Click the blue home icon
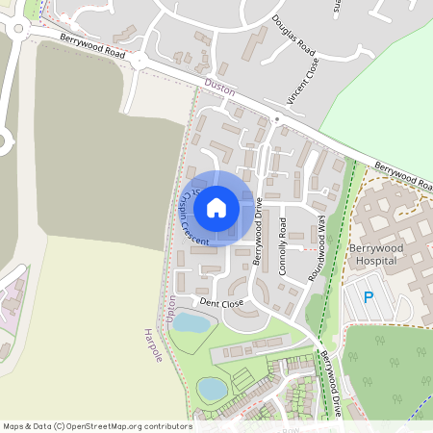coord(216,207)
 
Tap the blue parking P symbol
coord(368,297)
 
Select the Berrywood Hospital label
coord(375,252)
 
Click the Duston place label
coord(220,86)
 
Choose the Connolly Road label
coord(283,247)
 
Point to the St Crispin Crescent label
coord(191,216)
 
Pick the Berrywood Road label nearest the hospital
coord(403,174)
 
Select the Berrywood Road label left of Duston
coord(93,47)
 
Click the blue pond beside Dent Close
coord(191,323)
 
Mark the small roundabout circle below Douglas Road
coord(276,119)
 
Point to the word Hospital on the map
coord(375,260)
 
